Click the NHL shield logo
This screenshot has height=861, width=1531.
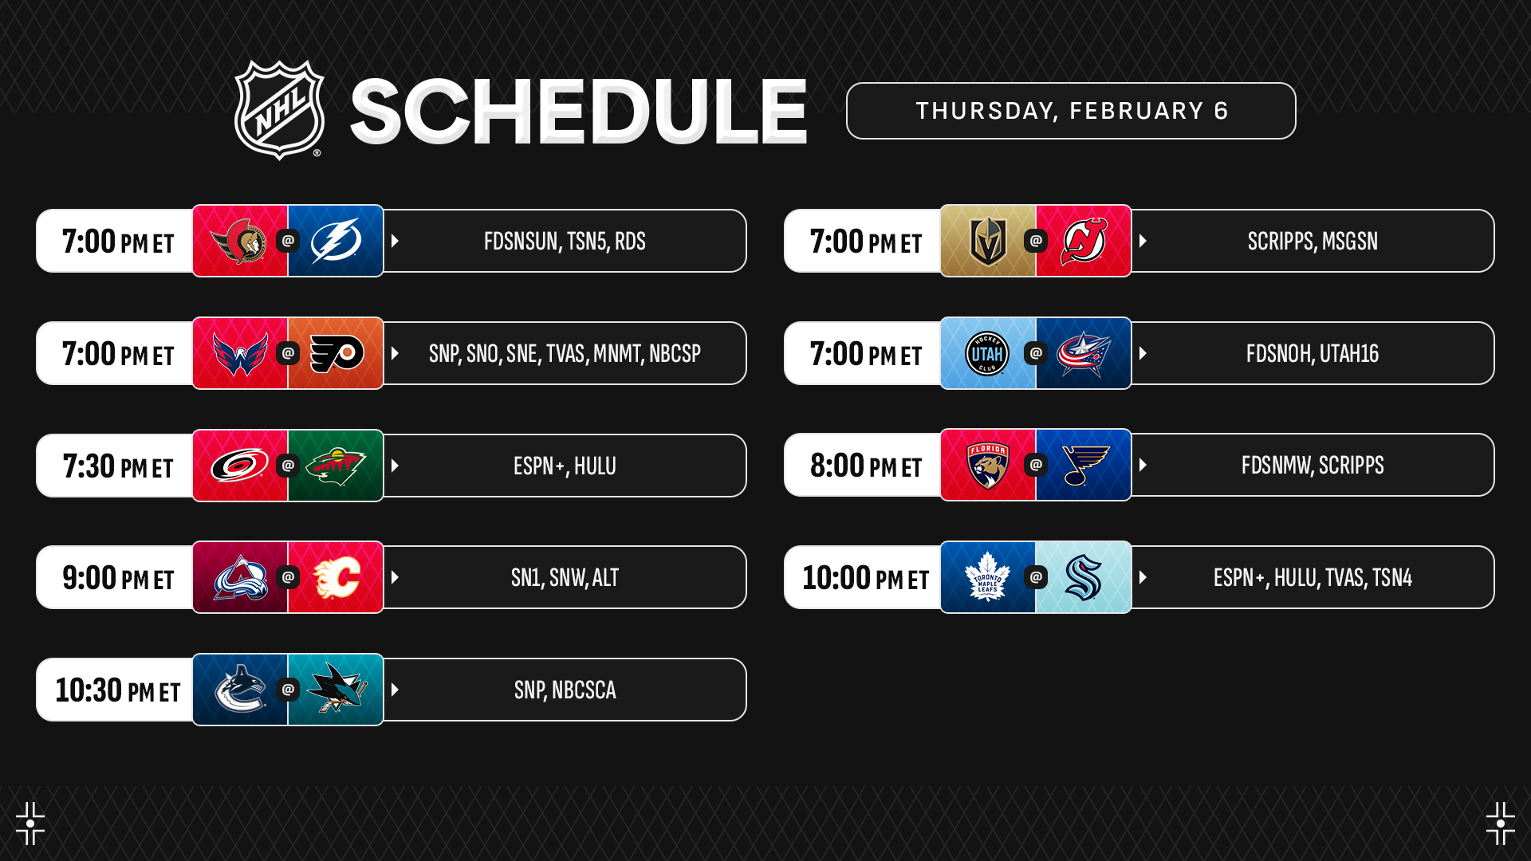[x=279, y=110]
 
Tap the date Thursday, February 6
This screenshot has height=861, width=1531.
[x=1072, y=111]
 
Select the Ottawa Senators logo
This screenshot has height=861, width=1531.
[x=239, y=241]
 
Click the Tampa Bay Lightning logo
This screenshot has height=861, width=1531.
[x=336, y=241]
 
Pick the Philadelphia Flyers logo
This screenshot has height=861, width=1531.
[x=337, y=353]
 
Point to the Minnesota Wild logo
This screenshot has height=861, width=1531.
[x=336, y=466]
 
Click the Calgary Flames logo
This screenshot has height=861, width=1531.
[x=337, y=578]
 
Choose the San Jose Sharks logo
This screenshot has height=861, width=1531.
[x=337, y=689]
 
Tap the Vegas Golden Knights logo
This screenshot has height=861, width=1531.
[x=987, y=241]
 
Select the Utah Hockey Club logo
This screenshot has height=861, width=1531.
[x=987, y=353]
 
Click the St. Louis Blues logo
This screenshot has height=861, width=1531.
[x=1084, y=466]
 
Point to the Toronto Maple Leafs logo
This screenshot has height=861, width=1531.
[x=987, y=577]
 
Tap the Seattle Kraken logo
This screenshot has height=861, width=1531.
[x=1084, y=577]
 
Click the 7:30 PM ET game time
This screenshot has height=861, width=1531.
[x=118, y=466]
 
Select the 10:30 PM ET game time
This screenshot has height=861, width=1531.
[x=118, y=690]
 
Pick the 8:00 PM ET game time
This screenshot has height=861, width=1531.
[x=866, y=466]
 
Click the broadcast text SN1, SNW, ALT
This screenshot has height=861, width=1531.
[x=565, y=578]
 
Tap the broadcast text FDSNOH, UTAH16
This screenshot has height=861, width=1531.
[x=1313, y=353]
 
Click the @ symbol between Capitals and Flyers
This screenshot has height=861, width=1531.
[x=288, y=352]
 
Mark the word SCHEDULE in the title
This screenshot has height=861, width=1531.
[x=579, y=112]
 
